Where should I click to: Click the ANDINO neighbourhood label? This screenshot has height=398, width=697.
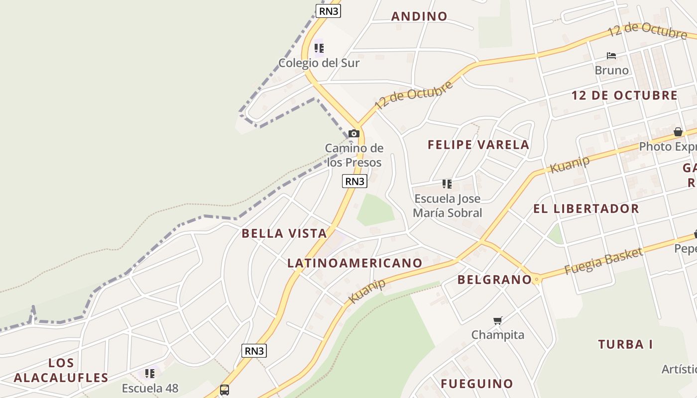(419, 16)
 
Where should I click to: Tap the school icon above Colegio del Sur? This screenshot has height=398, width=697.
(319, 48)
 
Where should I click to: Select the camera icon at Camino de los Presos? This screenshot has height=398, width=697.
(353, 133)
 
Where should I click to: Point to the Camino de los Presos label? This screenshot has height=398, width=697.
(354, 155)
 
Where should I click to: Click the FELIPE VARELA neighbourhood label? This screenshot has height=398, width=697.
(478, 145)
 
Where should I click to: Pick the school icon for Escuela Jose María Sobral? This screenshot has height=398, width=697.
(447, 185)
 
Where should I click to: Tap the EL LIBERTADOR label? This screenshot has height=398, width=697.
(586, 208)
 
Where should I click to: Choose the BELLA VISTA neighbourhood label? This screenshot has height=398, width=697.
(284, 233)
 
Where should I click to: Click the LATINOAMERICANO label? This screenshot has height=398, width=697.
(354, 263)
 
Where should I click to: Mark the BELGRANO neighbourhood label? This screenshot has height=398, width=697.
(494, 280)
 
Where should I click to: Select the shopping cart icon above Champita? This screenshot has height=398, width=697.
(497, 320)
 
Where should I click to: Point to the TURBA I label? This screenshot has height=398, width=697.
(625, 344)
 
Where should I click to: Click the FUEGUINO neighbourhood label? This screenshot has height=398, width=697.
(476, 384)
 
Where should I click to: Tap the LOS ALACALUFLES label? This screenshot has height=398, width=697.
(61, 370)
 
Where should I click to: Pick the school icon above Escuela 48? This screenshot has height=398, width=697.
(149, 373)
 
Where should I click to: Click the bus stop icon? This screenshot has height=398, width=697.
(225, 390)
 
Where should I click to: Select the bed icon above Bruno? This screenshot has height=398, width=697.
(611, 55)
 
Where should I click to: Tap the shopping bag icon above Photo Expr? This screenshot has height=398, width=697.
(678, 132)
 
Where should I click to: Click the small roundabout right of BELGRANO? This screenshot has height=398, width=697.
(536, 280)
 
